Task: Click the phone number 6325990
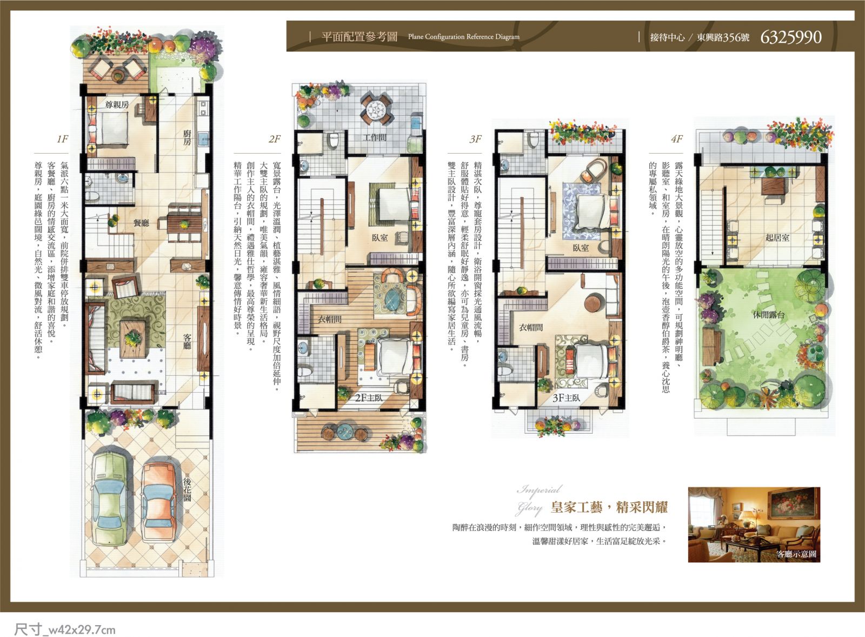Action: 791,37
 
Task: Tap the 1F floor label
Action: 62,139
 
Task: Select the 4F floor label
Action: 677,139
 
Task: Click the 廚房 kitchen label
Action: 187,137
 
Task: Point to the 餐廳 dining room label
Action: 141,223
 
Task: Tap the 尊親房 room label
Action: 117,105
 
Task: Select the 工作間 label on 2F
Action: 374,137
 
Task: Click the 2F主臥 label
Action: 369,397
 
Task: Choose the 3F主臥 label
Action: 566,398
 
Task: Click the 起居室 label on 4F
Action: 777,237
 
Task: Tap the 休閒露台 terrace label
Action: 769,315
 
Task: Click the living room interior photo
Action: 754,525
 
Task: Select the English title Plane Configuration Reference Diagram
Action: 464,37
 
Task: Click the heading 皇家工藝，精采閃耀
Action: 609,507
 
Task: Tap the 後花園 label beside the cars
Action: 187,489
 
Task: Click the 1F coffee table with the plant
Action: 133,340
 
